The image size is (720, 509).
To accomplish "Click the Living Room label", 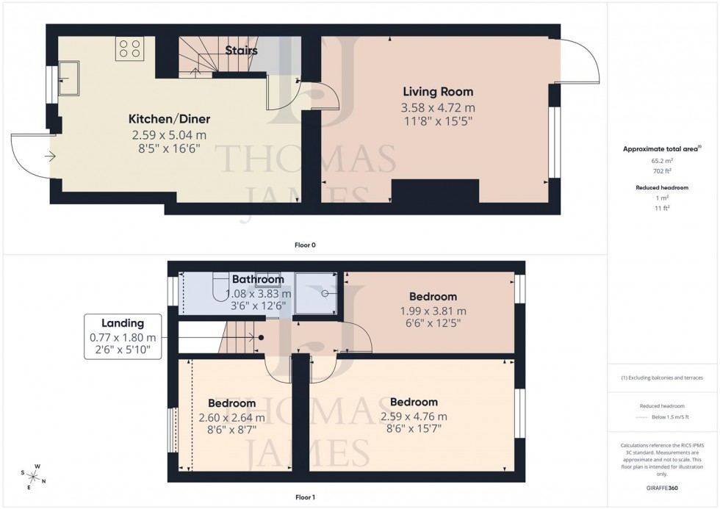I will (438, 92).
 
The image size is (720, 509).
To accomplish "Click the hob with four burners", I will (129, 49).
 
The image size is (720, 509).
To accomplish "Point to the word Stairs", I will (241, 51).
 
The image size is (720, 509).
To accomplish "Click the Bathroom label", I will (258, 279).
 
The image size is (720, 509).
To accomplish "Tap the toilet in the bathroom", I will (220, 284).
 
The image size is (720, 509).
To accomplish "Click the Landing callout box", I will (123, 336).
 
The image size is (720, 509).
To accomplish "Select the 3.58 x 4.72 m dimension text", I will (438, 107).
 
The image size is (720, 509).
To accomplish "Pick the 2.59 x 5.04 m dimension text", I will (169, 135).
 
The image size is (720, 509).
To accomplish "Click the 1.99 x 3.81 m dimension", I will (433, 311).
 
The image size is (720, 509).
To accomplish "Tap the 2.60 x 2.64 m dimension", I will (232, 417).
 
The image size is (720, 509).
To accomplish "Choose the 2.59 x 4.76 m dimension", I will (414, 416).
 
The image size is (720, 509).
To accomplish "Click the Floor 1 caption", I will (305, 497).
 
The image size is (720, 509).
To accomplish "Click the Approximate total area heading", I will (661, 148).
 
